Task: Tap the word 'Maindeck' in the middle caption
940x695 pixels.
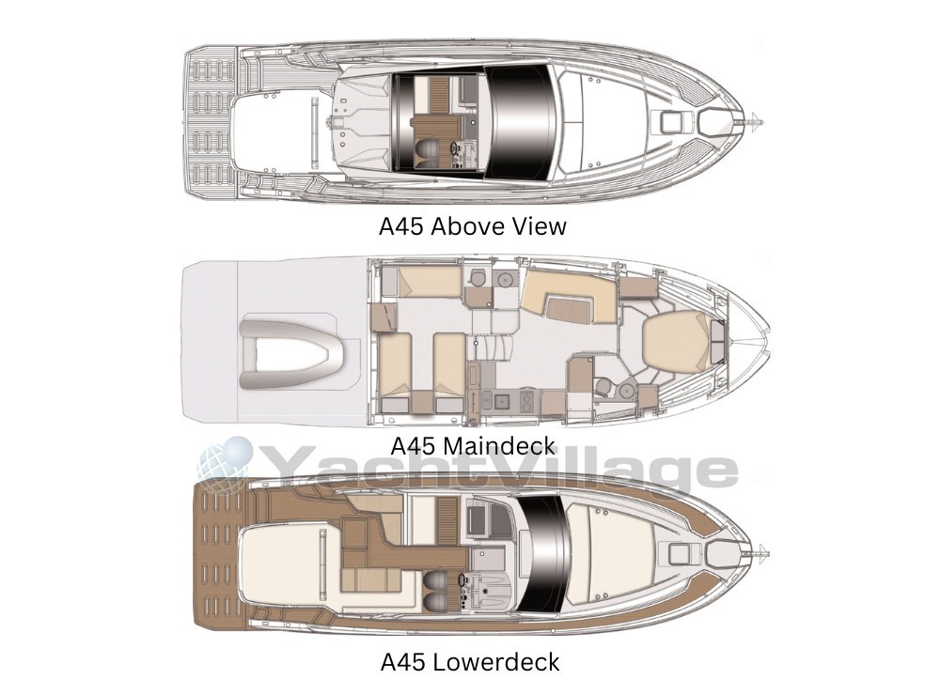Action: (x=500, y=446)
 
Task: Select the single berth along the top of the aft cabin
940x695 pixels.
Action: (x=430, y=282)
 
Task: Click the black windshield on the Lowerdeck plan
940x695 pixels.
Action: (x=542, y=554)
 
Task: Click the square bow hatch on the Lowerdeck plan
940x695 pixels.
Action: (x=680, y=553)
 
